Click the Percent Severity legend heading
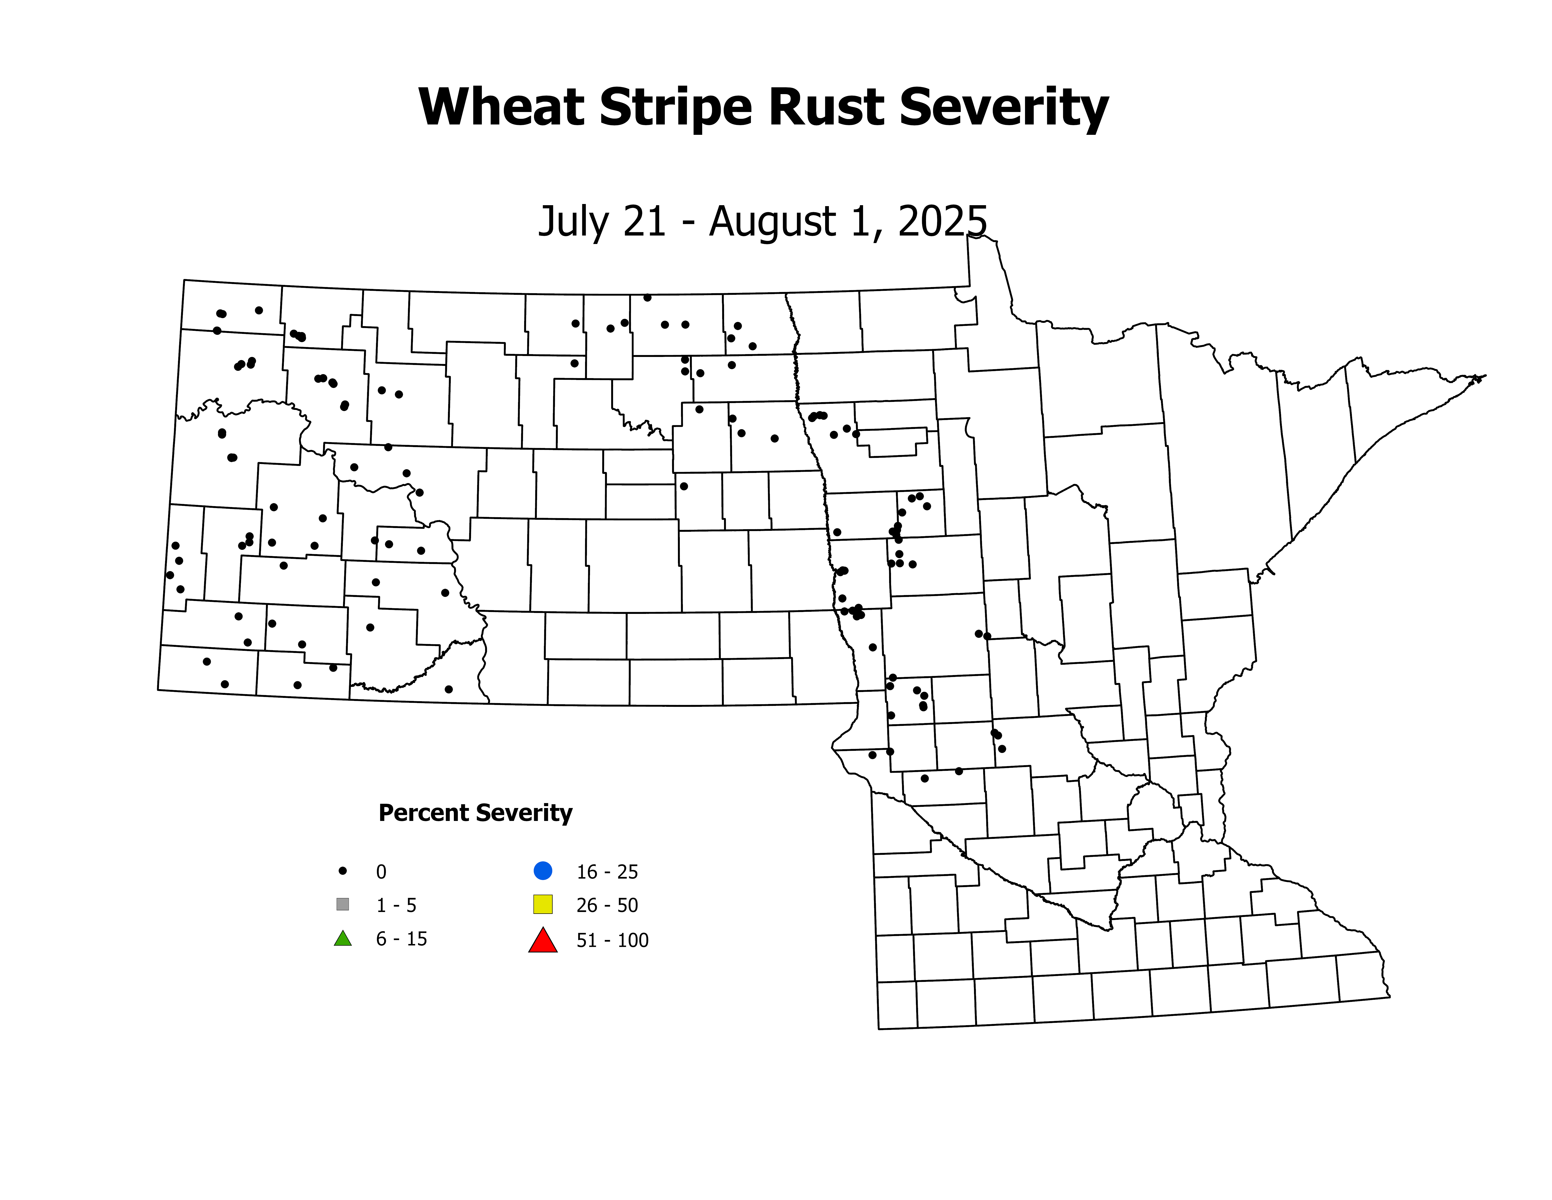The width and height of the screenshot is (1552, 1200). (x=475, y=812)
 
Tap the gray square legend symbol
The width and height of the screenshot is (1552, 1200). (x=343, y=904)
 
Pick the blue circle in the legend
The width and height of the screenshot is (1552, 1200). (x=543, y=870)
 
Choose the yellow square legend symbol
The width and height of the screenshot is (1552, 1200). (x=543, y=904)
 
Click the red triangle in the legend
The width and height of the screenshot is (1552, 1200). (x=543, y=940)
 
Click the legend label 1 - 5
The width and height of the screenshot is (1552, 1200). (x=396, y=905)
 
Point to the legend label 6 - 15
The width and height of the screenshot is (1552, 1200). (x=401, y=939)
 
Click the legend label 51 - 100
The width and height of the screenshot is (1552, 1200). (x=613, y=940)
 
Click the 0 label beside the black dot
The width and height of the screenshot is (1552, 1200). (x=381, y=872)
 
